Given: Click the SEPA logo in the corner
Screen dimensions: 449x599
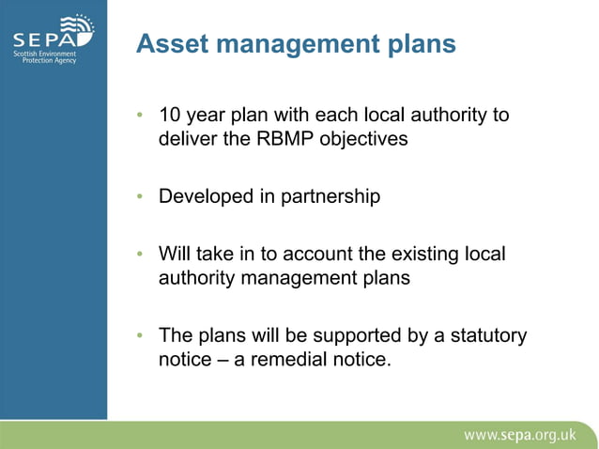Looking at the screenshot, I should [x=53, y=39].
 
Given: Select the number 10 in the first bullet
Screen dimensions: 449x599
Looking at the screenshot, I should [x=169, y=116].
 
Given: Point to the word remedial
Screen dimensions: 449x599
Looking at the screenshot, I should [x=285, y=360].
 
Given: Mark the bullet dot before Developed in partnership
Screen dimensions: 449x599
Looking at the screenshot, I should [x=140, y=197].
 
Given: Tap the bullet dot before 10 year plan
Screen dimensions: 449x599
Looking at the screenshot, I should [x=140, y=116].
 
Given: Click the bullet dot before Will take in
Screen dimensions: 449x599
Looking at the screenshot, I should [x=140, y=255].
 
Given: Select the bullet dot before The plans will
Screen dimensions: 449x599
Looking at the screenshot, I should [x=140, y=335].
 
